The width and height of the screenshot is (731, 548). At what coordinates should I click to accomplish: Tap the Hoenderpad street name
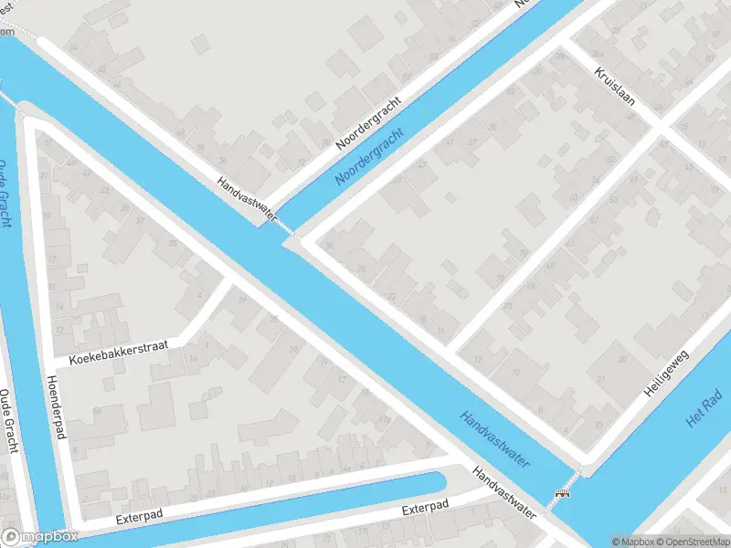click(x=57, y=407)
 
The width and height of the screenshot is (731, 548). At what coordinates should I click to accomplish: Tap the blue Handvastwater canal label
click(x=495, y=439)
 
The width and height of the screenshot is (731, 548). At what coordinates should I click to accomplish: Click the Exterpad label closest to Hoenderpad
click(x=140, y=517)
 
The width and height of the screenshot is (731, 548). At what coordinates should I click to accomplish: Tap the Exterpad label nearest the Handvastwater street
click(x=426, y=507)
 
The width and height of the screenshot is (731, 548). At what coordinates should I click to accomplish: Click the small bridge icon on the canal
click(x=561, y=494)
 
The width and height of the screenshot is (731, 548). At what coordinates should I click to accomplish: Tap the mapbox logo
click(x=38, y=536)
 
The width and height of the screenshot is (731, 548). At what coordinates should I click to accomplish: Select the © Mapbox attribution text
click(x=631, y=542)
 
